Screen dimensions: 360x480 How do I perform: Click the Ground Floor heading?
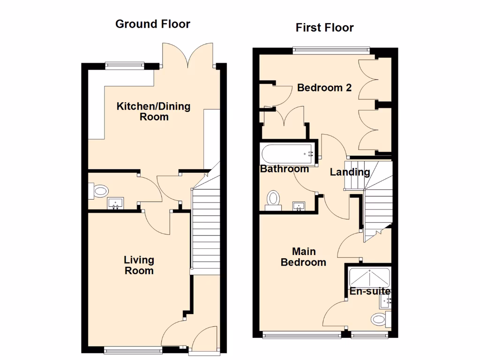153,24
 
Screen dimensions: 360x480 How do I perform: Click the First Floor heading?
324,28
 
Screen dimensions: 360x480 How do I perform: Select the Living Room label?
139,265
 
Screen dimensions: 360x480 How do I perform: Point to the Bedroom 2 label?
324,88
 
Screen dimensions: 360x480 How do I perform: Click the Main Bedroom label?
303,257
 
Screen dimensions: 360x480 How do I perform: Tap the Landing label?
350,172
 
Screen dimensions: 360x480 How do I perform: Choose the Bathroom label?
285,169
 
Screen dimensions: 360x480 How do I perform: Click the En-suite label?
370,292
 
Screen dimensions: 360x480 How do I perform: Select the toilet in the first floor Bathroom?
273,199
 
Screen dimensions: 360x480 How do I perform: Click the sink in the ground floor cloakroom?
116,203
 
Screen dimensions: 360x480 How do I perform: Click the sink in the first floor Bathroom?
299,205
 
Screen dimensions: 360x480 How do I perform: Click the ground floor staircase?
206,230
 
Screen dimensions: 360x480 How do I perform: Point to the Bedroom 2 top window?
331,49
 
